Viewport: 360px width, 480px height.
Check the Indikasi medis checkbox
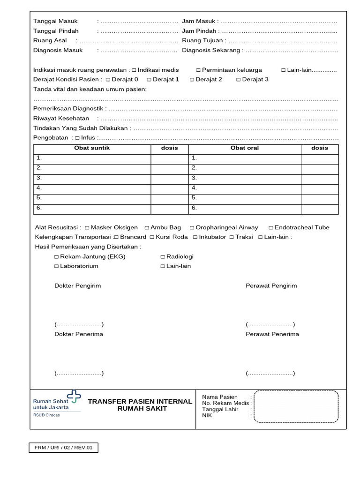tap(134, 70)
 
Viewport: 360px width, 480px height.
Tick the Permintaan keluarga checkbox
tap(198, 70)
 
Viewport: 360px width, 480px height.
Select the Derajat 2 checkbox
tap(192, 80)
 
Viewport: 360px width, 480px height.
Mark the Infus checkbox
tap(77, 138)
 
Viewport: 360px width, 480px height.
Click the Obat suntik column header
tap(92, 148)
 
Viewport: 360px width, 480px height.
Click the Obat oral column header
tap(244, 148)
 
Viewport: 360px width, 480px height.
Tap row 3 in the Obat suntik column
tap(92, 179)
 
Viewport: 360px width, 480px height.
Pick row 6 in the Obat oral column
tap(244, 208)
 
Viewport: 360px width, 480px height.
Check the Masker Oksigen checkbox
tap(87, 228)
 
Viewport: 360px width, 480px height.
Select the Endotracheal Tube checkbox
tap(271, 228)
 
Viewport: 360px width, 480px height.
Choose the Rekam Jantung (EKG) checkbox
tap(57, 257)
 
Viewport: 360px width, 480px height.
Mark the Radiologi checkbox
tap(163, 257)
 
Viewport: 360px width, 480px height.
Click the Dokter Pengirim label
tap(78, 285)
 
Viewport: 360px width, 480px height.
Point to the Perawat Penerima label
tap(272, 334)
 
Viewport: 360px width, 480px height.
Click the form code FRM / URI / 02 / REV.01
tap(64, 448)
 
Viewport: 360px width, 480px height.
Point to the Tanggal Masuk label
tap(55, 21)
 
